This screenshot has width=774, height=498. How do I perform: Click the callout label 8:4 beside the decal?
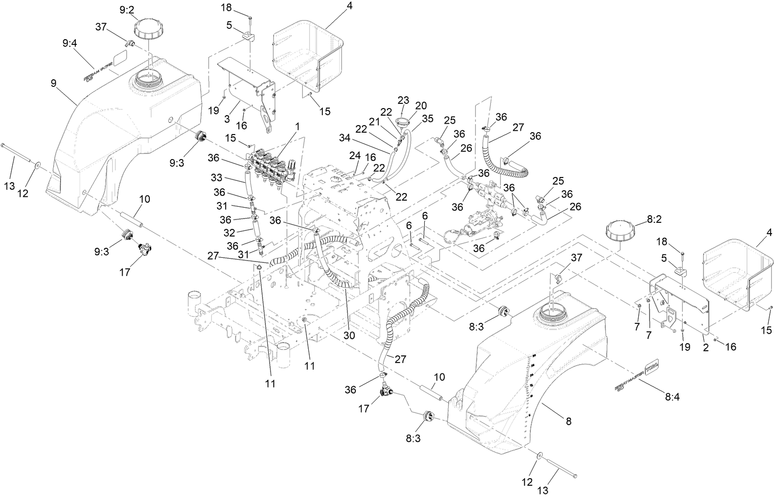[x=672, y=397]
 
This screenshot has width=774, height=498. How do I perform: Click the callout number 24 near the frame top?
[x=354, y=155]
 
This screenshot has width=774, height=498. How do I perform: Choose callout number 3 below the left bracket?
[x=227, y=119]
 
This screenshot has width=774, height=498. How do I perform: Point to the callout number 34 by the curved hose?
[x=345, y=137]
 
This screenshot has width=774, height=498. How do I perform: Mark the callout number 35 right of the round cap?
[x=428, y=118]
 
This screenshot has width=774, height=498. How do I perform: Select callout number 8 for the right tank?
[x=568, y=422]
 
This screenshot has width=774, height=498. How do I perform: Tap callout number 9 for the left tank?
[x=54, y=83]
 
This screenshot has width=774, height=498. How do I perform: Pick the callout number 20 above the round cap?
[x=420, y=104]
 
